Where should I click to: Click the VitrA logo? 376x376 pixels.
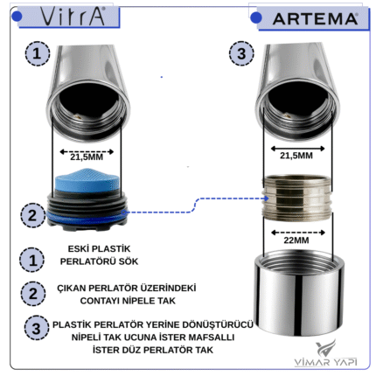tap(72, 17)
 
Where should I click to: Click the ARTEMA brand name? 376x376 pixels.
tap(315, 19)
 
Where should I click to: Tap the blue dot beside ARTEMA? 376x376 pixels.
tap(256, 17)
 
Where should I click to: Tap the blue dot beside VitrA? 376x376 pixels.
tap(17, 17)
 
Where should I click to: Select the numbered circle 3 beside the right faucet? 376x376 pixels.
tap(241, 53)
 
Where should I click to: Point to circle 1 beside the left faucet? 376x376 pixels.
tap(38, 53)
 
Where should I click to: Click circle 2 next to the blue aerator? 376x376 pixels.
tap(32, 215)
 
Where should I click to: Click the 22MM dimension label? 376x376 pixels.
tap(296, 240)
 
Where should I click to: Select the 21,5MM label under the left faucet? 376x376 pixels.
tap(87, 157)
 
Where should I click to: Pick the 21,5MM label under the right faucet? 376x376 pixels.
tap(296, 156)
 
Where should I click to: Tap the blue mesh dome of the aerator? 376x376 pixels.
tap(87, 179)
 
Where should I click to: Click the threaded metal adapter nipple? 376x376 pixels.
tap(297, 198)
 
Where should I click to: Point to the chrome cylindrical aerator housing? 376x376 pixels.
tap(299, 292)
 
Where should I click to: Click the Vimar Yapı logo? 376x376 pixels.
tap(326, 352)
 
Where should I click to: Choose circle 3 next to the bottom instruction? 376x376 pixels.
tap(36, 328)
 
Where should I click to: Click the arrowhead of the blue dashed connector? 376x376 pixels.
tap(266, 198)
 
